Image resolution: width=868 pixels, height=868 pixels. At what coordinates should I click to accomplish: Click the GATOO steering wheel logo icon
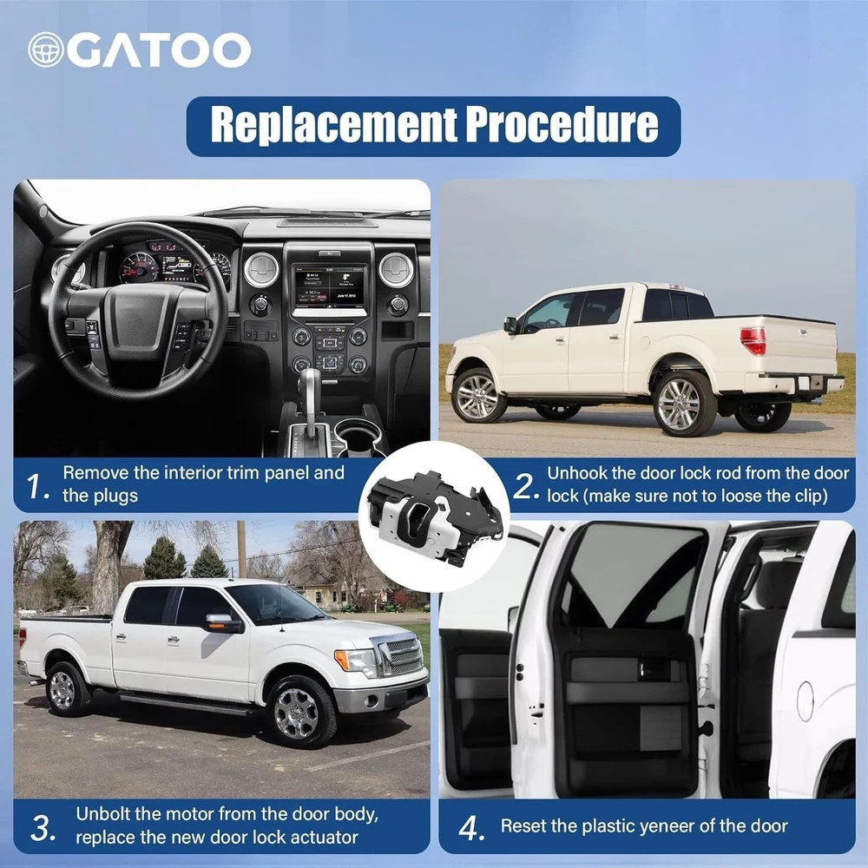point(46,49)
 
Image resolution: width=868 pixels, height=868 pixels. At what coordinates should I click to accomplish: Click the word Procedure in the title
point(562,124)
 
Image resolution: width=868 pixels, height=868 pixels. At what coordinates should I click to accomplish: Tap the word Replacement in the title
point(334,124)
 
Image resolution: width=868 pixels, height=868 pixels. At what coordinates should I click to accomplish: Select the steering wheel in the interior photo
point(138,311)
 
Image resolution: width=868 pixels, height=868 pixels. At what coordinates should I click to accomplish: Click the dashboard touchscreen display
point(330,286)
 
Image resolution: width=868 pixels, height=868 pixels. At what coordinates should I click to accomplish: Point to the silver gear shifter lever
point(311,398)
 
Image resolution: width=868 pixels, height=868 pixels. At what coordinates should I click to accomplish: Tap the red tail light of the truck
point(753,340)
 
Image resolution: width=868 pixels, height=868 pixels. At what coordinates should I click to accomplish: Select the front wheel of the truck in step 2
point(478,395)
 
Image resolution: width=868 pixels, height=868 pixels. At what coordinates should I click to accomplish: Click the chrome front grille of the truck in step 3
point(403,655)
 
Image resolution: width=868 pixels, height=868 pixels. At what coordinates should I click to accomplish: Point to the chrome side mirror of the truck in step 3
point(224,621)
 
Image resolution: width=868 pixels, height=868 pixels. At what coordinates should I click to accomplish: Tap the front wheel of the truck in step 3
point(302,712)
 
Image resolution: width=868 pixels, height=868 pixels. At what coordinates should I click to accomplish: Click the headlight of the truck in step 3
point(356,661)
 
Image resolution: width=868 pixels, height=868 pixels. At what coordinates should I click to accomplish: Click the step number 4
point(470,828)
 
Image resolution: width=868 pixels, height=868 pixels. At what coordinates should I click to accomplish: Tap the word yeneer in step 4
point(667,826)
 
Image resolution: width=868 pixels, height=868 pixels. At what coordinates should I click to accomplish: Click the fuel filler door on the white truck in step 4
point(806,700)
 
